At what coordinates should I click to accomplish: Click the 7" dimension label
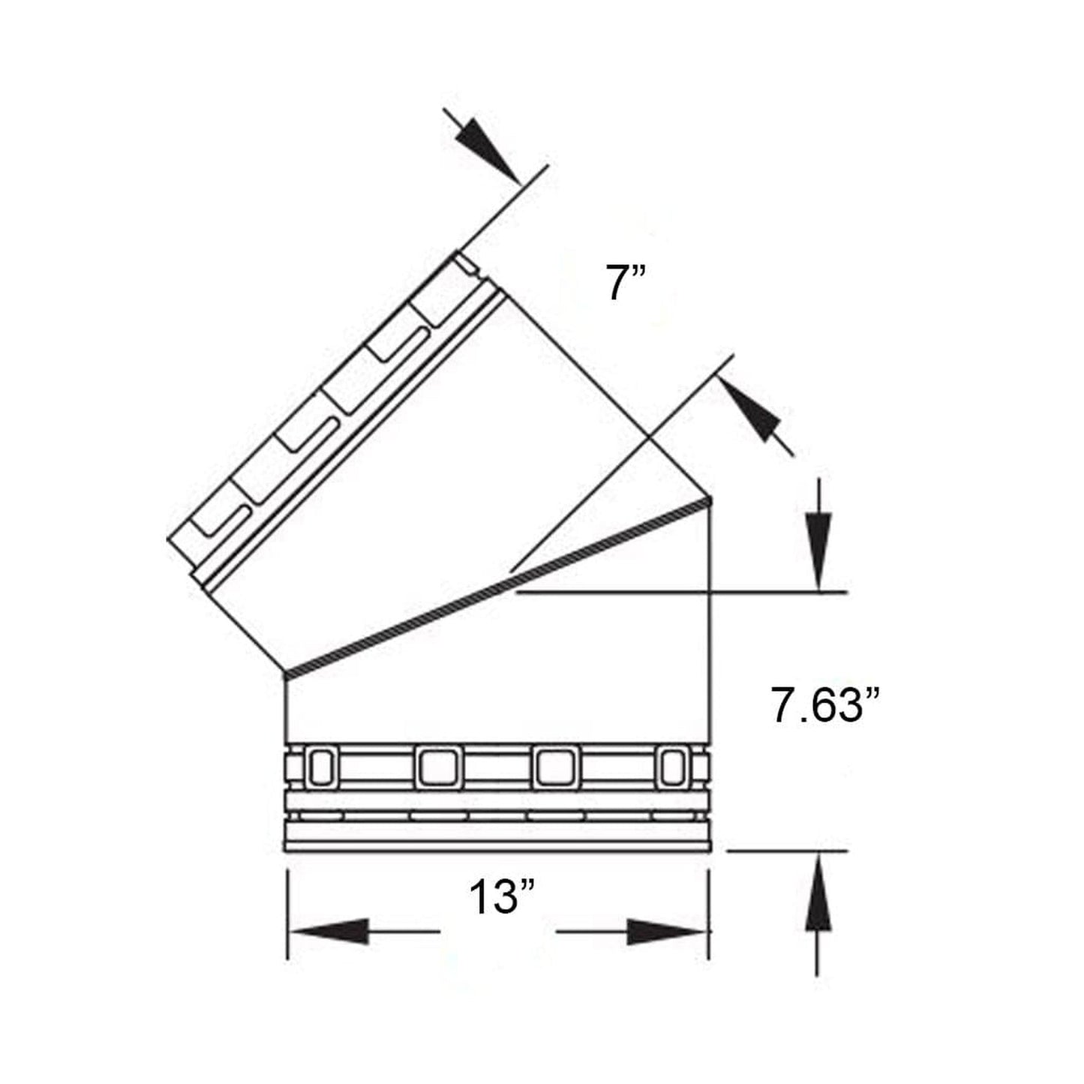coord(626,284)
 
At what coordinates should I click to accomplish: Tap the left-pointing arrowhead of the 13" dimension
coord(330,932)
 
